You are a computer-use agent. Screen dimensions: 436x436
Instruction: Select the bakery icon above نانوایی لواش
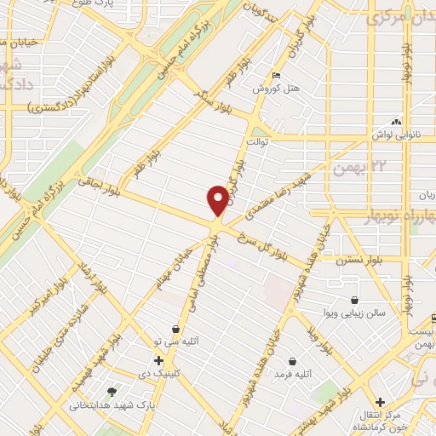pos(394,122)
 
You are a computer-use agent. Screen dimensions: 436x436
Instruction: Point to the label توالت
pos(257,141)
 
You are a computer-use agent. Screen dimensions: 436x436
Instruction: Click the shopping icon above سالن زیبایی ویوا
pos(354,299)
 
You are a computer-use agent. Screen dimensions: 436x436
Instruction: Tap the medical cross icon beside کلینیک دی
pos(158,360)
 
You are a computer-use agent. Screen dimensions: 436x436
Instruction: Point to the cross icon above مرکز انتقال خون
pos(381,401)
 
